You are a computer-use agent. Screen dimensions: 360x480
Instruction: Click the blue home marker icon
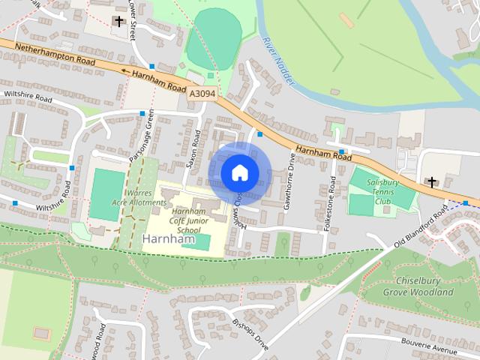tap(239, 172)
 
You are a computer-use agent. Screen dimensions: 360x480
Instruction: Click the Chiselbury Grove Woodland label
tap(418, 286)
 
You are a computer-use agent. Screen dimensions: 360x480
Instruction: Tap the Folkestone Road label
tap(332, 203)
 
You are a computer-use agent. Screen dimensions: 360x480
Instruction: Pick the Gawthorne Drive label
tap(286, 179)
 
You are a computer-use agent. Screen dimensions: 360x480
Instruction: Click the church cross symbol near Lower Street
tap(118, 21)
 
